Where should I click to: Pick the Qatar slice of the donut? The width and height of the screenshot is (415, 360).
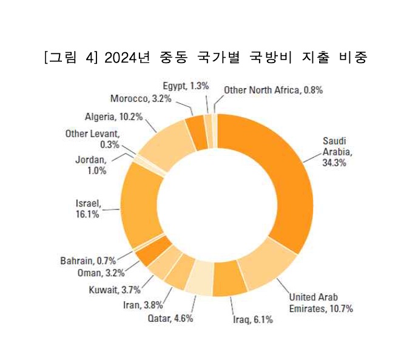200,277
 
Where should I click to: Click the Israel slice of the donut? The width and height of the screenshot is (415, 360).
138,204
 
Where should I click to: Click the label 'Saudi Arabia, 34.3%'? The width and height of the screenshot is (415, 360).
337,152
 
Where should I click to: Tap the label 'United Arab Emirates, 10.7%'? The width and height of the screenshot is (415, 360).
320,302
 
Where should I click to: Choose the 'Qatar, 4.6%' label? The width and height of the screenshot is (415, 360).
170,318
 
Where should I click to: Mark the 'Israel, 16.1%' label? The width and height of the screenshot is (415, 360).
88,208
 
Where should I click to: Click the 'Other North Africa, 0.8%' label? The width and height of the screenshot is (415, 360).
273,90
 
